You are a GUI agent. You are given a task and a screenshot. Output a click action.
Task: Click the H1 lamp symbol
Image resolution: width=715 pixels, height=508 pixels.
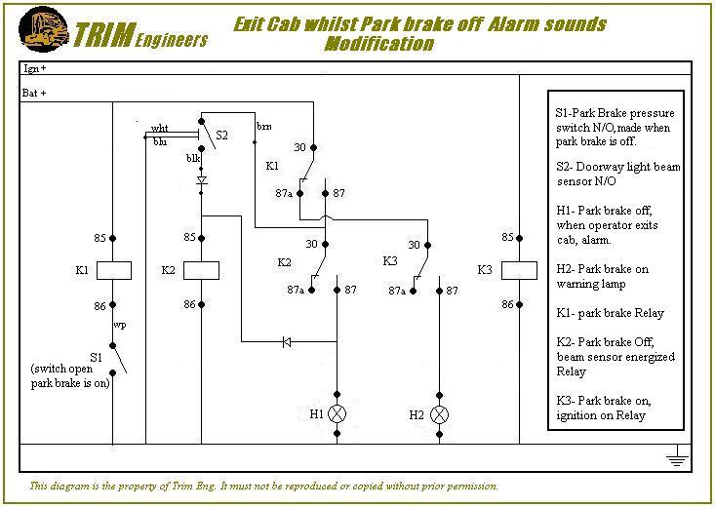pos(338,414)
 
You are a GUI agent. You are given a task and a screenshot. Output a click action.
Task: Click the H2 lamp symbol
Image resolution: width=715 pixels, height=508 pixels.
pos(440,414)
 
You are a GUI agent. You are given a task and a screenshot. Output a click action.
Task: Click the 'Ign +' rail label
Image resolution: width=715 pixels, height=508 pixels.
pos(35,70)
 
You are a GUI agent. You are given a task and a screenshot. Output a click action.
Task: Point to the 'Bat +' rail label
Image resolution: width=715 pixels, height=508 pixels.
pos(35,93)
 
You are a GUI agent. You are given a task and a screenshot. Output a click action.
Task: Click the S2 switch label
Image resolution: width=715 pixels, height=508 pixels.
pos(221,135)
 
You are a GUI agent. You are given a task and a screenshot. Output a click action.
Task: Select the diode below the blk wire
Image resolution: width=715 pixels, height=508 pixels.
pos(201,180)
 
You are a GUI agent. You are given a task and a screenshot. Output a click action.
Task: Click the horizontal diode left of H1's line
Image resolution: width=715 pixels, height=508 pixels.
pos(285,341)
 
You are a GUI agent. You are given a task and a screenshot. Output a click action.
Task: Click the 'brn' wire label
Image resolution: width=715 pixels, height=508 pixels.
pos(264,127)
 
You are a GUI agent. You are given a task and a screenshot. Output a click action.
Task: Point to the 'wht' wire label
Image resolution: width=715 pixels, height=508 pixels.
pos(160,128)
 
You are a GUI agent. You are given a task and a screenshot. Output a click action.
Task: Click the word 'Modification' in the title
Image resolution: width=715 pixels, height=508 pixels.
pos(378,44)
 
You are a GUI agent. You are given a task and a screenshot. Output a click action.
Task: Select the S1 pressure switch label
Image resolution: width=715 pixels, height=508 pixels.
pos(96,358)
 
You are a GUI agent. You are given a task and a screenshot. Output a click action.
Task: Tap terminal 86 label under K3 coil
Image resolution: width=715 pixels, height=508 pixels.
pos(507,305)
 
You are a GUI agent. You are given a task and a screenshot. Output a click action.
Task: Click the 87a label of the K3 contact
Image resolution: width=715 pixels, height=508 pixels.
pos(396,291)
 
